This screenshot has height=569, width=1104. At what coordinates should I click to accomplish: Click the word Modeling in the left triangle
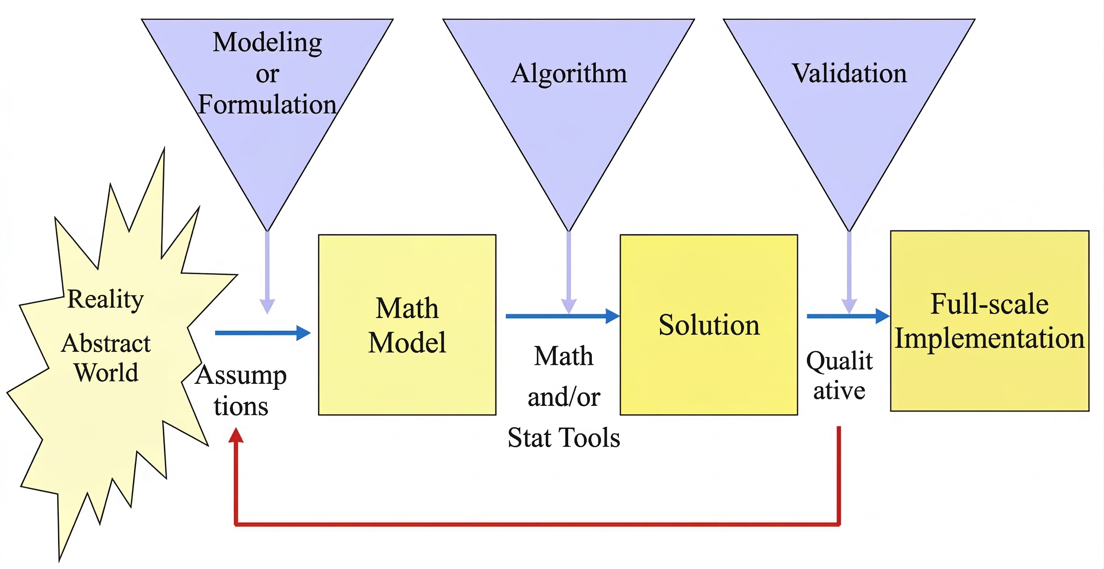(267, 43)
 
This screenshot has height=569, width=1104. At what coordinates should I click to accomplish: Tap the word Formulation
(267, 104)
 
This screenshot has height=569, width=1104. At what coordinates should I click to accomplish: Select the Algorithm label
(569, 74)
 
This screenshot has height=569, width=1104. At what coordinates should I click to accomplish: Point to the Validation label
(849, 74)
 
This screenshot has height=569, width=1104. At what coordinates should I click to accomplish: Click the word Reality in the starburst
(106, 299)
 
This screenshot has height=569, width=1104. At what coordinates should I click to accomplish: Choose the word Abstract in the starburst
(106, 343)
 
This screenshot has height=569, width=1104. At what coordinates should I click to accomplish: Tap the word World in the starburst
(106, 372)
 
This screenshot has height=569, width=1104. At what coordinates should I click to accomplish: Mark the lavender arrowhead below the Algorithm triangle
(569, 306)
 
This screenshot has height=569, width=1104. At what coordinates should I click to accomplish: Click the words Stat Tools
(564, 438)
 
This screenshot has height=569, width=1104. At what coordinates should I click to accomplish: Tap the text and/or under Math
(564, 397)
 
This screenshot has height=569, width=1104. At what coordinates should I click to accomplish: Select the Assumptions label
(241, 390)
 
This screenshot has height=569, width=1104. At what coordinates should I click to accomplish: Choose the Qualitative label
(839, 375)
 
